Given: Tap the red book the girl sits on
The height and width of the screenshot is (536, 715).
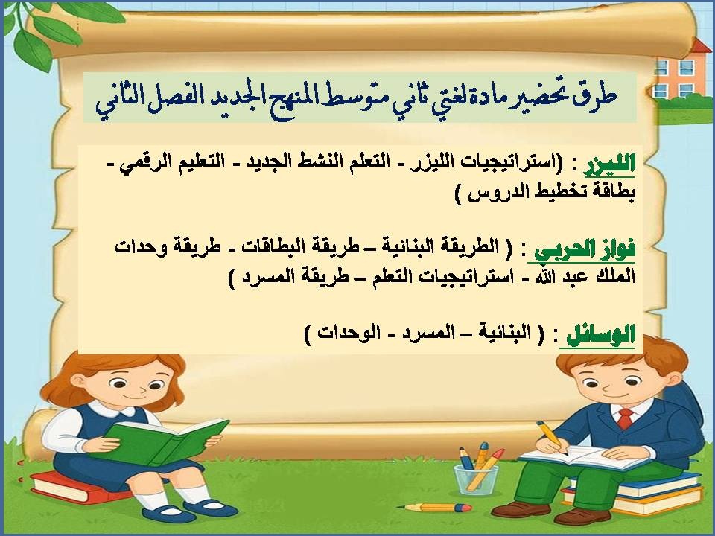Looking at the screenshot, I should point(74,492).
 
